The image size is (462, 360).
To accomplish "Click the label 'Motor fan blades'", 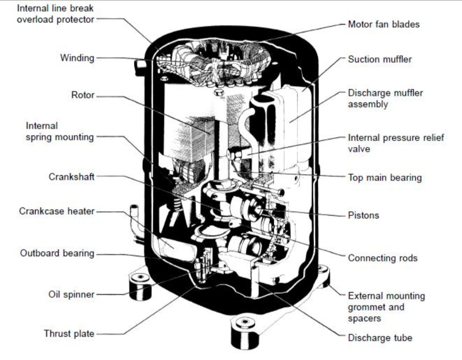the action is [384, 24].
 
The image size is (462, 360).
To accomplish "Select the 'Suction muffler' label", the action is [380, 59].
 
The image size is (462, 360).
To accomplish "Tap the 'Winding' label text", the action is [77, 58].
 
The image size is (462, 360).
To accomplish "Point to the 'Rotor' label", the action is [83, 95].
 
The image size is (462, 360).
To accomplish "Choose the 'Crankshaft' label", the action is [71, 177].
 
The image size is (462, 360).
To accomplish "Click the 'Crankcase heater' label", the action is [57, 211].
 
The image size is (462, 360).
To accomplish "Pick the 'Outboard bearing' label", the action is [57, 253].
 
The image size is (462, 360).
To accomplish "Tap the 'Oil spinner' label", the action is [71, 294].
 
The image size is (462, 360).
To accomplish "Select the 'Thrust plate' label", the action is [69, 334].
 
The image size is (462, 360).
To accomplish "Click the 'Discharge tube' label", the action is [380, 338].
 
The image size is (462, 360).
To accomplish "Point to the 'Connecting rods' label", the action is [383, 258].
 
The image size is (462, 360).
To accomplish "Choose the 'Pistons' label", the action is [363, 215].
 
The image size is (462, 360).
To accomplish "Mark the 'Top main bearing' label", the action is [385, 178].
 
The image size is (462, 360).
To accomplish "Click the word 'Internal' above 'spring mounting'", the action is [41, 126].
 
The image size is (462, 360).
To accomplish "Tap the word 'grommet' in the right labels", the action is [365, 307].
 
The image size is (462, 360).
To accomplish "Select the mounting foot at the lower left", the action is [141, 286].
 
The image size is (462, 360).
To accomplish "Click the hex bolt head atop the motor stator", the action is [218, 92].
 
